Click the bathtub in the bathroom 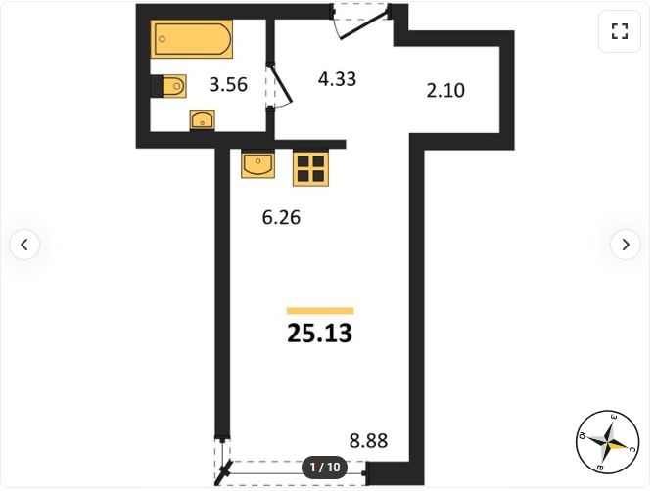192,39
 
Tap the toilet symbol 168,86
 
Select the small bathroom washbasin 203,119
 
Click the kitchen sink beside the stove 258,163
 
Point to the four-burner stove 310,168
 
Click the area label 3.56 228,85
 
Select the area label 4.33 337,79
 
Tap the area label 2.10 445,91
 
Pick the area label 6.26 281,217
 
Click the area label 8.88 368,440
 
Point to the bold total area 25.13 320,334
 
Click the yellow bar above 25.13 320,311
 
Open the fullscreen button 620,31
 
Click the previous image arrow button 24,245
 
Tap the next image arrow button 626,245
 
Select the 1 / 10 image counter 325,468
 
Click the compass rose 608,442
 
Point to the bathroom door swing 279,85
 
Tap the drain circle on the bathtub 163,39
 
